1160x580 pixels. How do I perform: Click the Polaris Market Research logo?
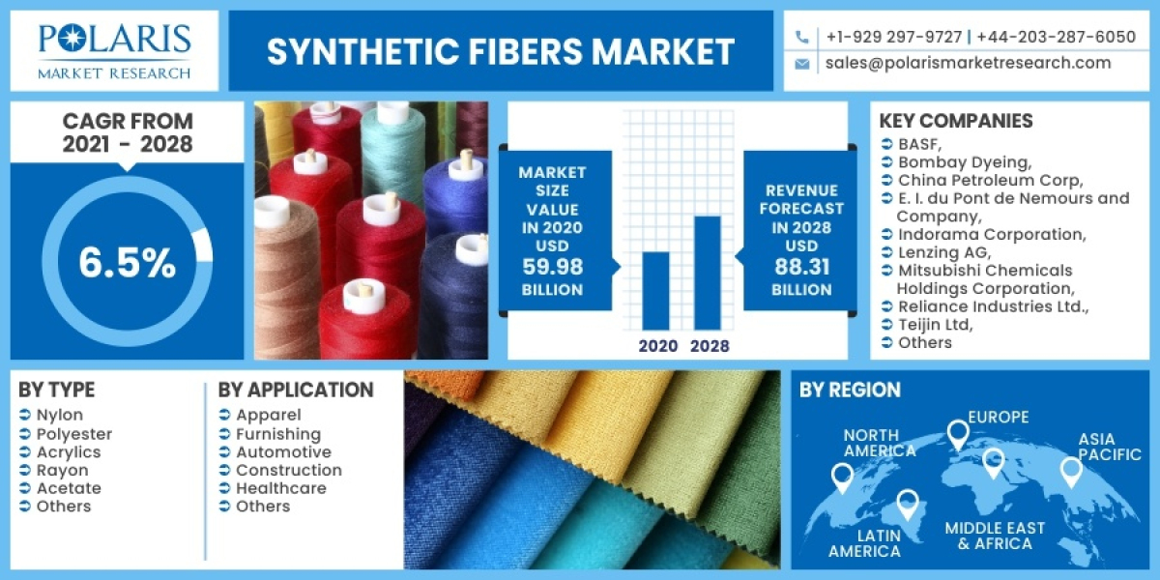point(114,50)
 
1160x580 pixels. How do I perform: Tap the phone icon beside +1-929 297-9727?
point(801,37)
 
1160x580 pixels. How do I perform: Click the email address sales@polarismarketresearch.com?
point(968,63)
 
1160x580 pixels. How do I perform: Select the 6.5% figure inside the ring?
point(127,262)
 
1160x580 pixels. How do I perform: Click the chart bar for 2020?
point(655,290)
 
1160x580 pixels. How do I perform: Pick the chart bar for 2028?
point(708,272)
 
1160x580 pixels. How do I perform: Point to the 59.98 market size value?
point(551,269)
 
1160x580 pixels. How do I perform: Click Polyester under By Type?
point(74,434)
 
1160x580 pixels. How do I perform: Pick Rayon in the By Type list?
point(62,471)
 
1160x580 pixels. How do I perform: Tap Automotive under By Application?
point(283,452)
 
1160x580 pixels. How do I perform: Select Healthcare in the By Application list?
point(281,488)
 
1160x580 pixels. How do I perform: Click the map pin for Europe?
point(957,434)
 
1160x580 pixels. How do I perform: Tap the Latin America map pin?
point(907,503)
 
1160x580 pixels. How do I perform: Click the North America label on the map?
point(879,443)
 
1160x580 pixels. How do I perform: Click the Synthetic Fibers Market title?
point(501,51)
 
